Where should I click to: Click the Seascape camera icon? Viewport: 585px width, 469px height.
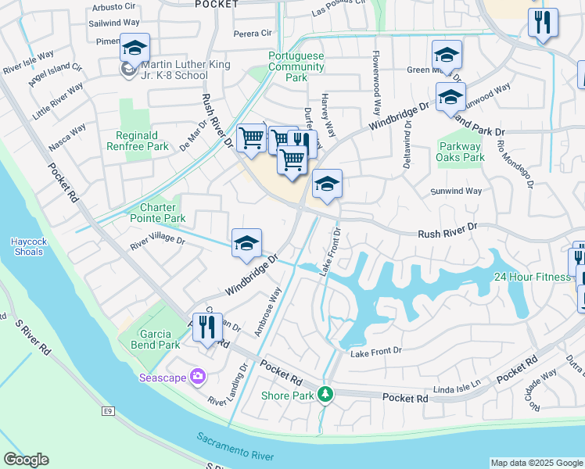[x=197, y=377]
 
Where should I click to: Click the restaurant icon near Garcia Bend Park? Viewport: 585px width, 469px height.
[x=207, y=326]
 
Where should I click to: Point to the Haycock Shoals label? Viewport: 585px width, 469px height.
[x=29, y=247]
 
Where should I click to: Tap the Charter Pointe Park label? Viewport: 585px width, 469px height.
[x=163, y=213]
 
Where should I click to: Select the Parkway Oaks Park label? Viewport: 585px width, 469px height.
[x=461, y=152]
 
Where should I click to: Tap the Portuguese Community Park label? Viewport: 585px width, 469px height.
[x=296, y=67]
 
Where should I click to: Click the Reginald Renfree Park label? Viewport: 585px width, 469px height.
[x=141, y=141]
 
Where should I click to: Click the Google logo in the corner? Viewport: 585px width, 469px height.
[x=26, y=460]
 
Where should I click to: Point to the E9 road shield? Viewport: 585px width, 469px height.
[x=107, y=410]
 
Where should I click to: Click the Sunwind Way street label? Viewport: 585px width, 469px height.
[x=456, y=191]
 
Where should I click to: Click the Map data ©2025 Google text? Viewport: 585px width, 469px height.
[x=537, y=463]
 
